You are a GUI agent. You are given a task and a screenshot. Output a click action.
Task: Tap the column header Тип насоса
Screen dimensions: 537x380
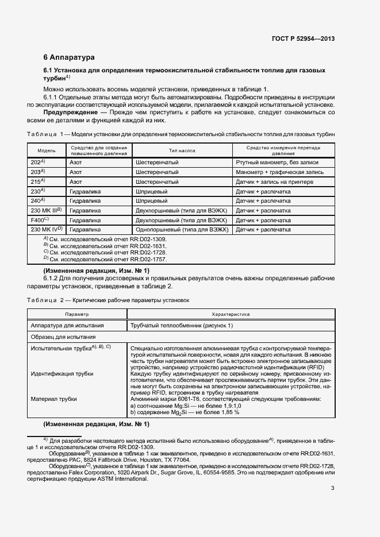tap(182, 150)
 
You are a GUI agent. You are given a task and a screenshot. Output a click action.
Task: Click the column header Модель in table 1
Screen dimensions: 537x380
tap(47, 150)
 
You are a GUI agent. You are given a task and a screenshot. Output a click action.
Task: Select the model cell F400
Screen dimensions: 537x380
tap(40, 220)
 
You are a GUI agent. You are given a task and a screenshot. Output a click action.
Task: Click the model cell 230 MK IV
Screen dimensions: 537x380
tap(46, 230)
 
